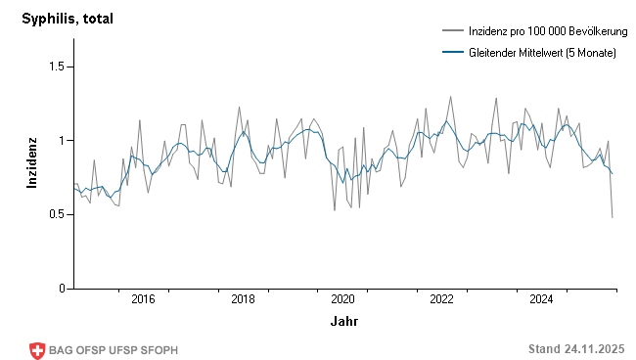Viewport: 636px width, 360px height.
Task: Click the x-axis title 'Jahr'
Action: (343, 321)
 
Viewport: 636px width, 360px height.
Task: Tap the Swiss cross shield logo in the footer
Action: (37, 350)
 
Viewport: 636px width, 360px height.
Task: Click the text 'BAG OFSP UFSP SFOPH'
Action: (114, 350)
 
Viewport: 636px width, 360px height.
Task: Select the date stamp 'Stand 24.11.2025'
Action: (575, 349)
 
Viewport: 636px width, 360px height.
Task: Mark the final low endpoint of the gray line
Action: (613, 217)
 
